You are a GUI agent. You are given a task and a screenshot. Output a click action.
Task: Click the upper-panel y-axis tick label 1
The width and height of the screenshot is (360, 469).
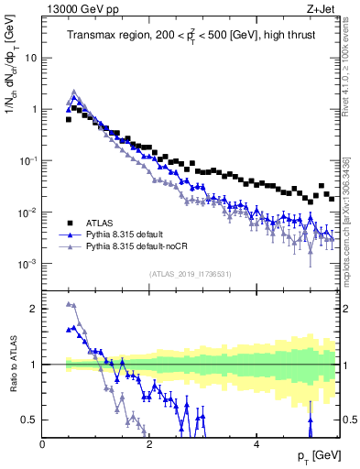click(34, 109)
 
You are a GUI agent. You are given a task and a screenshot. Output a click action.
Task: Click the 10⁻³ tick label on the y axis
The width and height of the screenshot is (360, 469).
click(29, 264)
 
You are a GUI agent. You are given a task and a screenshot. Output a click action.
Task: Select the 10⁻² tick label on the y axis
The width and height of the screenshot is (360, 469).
click(29, 213)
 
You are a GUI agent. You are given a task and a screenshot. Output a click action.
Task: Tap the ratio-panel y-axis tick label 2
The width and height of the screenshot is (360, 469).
click(34, 309)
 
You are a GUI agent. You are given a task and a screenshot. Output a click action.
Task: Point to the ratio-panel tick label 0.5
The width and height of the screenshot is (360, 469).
click(29, 420)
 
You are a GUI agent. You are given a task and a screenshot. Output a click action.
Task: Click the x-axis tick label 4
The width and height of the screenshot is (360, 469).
click(256, 444)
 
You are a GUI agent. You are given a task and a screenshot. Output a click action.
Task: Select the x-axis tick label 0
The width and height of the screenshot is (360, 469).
click(43, 444)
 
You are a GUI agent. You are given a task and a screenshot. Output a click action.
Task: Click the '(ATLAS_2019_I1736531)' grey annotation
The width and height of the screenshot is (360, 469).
click(191, 274)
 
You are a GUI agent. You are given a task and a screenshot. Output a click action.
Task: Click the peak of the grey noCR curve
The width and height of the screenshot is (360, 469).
click(73, 92)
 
